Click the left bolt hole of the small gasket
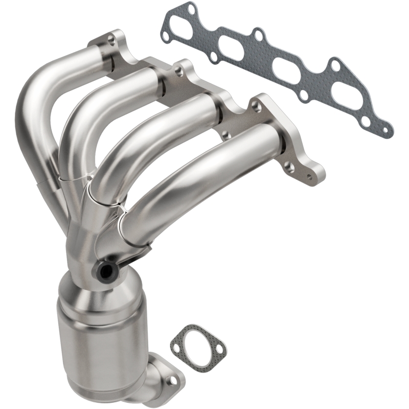(x=177, y=339)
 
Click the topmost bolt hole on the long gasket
(x=190, y=9)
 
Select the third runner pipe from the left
(x=153, y=138)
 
